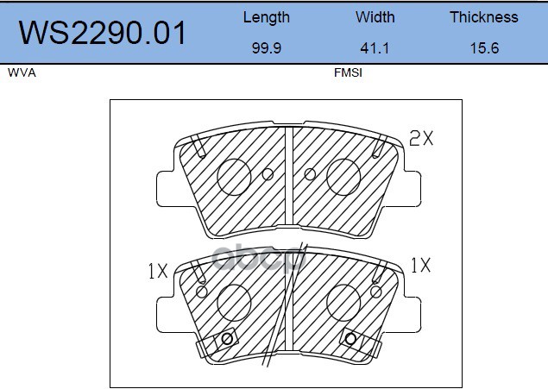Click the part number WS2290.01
102,33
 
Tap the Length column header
267,17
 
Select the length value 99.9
267,47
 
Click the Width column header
375,17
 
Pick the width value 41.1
375,47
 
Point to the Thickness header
483,17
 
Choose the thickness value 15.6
484,47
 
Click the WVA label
22,72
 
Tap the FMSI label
348,72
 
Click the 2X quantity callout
421,138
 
